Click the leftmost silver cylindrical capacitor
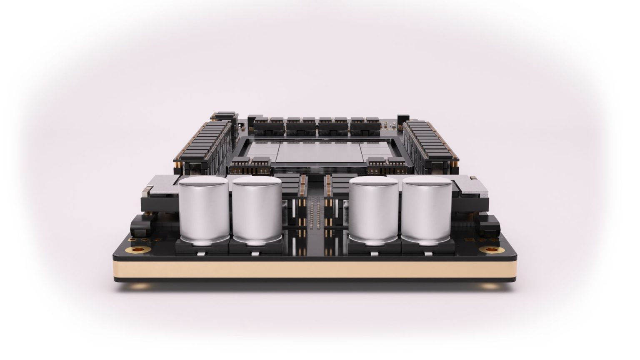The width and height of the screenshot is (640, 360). coord(204,210)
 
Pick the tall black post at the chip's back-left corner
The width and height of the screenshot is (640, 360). coord(232,121)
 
